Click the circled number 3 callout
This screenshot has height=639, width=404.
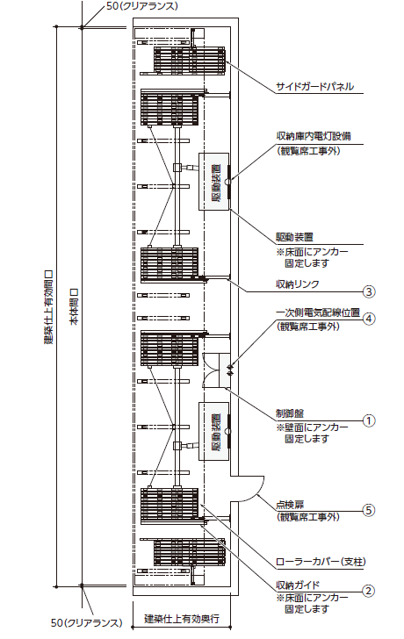[x=369, y=291]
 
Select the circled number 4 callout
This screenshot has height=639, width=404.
[x=369, y=319]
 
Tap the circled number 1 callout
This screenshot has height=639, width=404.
[x=369, y=420]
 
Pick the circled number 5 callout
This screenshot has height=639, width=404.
[x=369, y=511]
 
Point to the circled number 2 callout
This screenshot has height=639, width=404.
[x=369, y=591]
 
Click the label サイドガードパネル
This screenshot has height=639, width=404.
[x=314, y=87]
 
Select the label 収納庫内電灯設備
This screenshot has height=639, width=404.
[x=314, y=136]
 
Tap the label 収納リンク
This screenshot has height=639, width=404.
[x=297, y=284]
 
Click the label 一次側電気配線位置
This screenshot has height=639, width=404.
[x=318, y=312]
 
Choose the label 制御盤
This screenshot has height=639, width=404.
[x=290, y=413]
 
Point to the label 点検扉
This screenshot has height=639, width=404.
[x=290, y=505]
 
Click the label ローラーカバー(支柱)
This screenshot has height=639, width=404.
[x=321, y=562]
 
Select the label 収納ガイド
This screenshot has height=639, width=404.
[x=298, y=585]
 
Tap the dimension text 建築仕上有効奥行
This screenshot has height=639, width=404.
[x=182, y=619]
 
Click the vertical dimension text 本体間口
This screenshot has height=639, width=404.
[x=75, y=306]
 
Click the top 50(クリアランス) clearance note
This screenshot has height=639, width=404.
[x=140, y=6]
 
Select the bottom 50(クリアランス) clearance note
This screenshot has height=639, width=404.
[x=87, y=622]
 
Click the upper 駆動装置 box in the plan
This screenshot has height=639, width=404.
[x=213, y=182]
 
